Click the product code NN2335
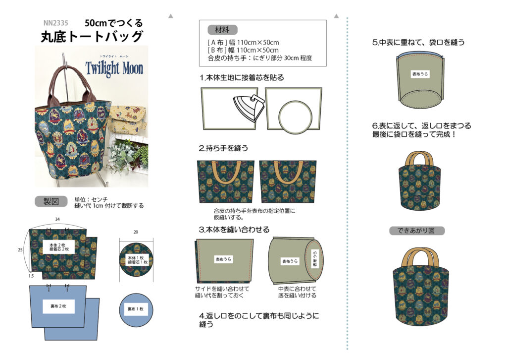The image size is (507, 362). [x=55, y=23]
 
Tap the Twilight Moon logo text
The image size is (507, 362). [x=114, y=68]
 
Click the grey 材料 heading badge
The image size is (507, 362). [x=222, y=30]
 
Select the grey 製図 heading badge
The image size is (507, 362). [x=51, y=201]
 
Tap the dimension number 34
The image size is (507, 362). [x=57, y=219]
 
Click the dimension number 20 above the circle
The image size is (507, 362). [x=136, y=232]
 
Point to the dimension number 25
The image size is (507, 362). [x=20, y=249]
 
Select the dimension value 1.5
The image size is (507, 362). [x=31, y=276]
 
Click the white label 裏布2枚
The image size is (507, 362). [x=58, y=306]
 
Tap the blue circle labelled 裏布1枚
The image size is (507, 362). [x=136, y=310]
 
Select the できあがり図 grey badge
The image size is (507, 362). [x=417, y=231]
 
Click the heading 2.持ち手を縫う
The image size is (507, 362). [x=223, y=148]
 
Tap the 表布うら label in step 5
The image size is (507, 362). [x=420, y=74]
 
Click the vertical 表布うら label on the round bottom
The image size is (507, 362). [x=314, y=259]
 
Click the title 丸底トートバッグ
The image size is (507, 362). [x=92, y=37]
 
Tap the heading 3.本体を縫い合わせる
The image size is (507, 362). [x=234, y=230]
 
